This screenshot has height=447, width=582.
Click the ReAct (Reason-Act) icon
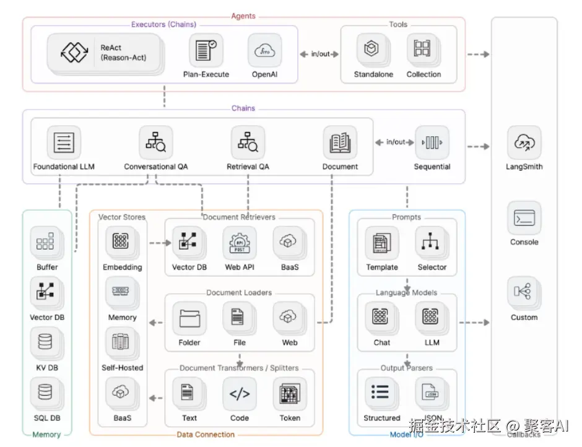(x=74, y=52)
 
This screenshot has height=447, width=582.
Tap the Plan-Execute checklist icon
(x=206, y=51)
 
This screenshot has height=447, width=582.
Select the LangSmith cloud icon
(x=524, y=142)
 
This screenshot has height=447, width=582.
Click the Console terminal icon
(x=524, y=218)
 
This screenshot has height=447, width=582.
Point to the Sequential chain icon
(x=432, y=142)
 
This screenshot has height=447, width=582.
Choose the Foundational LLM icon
(x=64, y=142)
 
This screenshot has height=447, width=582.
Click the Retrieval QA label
(x=248, y=167)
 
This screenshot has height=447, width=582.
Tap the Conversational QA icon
(x=156, y=142)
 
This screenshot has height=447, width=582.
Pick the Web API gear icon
(x=240, y=243)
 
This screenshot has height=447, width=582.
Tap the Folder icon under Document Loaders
(x=189, y=318)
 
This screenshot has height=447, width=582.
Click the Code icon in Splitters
(x=240, y=394)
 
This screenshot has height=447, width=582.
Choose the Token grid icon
(x=290, y=394)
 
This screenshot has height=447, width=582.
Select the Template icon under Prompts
(x=381, y=243)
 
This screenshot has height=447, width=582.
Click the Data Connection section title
(x=206, y=435)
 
